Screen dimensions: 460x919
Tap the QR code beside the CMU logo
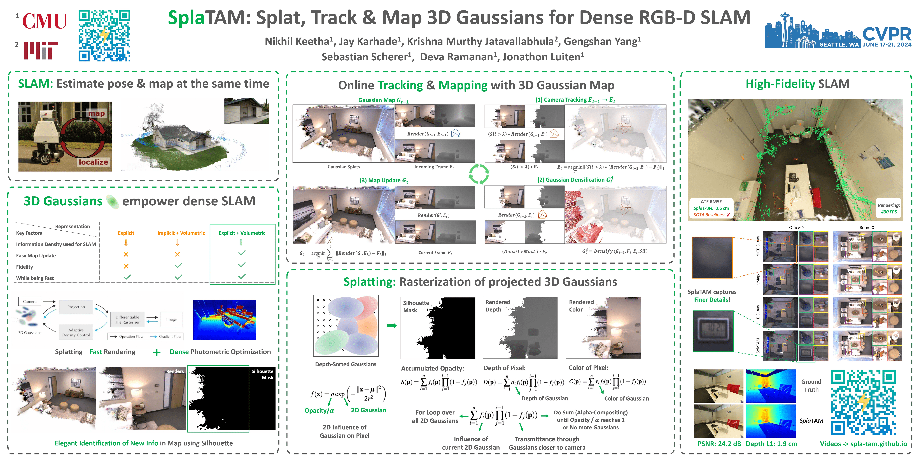point(104,35)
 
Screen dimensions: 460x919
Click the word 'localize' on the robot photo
point(93,162)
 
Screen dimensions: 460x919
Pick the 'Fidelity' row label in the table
point(25,267)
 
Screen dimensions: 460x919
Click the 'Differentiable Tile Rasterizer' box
point(127,320)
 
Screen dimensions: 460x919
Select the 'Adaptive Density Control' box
point(76,332)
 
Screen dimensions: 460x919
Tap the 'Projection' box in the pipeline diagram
point(76,307)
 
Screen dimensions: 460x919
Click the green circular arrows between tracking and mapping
point(479,174)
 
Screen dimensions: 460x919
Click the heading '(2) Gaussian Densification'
point(575,180)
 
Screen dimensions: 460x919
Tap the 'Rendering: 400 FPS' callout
point(889,208)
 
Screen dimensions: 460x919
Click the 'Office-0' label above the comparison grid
point(796,227)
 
